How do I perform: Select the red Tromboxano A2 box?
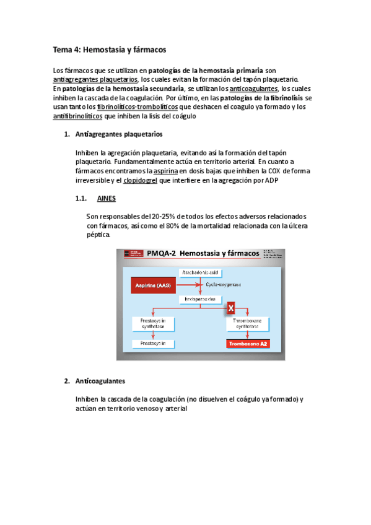coord(247,342)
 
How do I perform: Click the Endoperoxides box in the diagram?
coord(199,299)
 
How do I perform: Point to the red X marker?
coord(230,307)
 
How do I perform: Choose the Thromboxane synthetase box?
coord(247,324)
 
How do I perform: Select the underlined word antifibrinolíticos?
coord(78,116)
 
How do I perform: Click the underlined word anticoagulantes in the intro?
coord(253,89)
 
